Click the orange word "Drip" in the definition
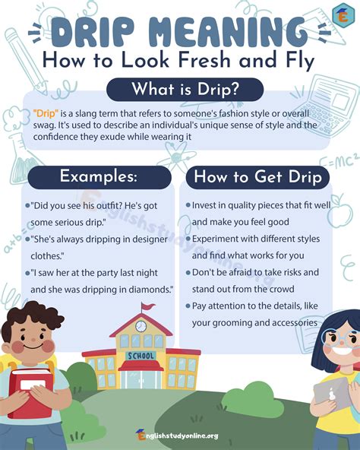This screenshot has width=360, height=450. pos(46,114)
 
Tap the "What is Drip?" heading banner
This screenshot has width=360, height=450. pos(185,89)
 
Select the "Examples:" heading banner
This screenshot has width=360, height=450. pos(99,177)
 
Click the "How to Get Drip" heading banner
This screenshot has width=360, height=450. pos(257,177)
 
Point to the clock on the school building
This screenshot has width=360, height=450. pos(141,326)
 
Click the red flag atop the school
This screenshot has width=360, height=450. pos(148,306)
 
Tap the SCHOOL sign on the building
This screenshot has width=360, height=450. pos(141,356)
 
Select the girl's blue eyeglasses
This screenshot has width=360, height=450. pos(340,339)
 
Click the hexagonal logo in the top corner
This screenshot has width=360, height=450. pos(343,16)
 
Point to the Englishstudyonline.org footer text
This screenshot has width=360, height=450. pos(177,436)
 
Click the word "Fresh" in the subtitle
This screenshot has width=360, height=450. pos(204,61)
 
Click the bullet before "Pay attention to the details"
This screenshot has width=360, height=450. pos(188,306)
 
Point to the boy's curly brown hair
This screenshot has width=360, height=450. pos(32,316)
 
